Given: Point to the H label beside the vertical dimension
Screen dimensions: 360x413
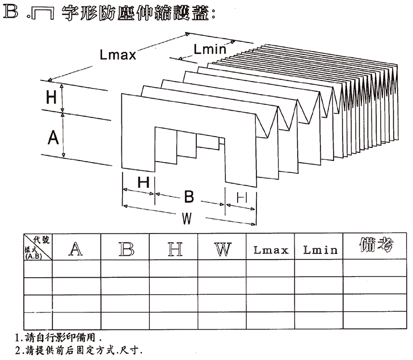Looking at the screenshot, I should tap(51, 98).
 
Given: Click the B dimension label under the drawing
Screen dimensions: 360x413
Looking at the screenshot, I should tap(189, 197).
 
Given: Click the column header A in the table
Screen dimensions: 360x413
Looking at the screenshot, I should tap(76, 248).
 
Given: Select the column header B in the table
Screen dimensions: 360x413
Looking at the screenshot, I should tap(126, 248).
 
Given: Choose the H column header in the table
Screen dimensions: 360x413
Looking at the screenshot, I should tap(173, 248).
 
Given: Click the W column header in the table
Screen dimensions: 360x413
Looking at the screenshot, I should tap(222, 248).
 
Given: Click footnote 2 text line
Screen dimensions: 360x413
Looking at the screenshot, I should tap(79, 350).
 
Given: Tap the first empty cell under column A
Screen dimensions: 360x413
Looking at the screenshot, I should tap(76, 268).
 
